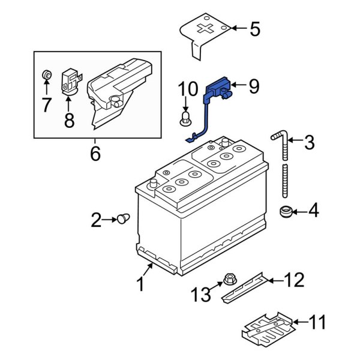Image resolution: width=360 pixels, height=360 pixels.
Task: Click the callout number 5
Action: pyautogui.click(x=254, y=29)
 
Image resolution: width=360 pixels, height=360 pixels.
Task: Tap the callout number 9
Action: pyautogui.click(x=253, y=87)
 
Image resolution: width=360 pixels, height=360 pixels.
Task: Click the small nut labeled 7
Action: pyautogui.click(x=47, y=76)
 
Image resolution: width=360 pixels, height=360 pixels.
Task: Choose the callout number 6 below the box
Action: pyautogui.click(x=95, y=154)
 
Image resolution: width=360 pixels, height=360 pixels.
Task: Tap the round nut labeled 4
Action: pyautogui.click(x=287, y=211)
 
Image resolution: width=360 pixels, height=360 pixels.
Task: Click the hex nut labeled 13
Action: pyautogui.click(x=229, y=278)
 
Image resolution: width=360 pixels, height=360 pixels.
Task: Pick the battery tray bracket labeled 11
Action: pyautogui.click(x=268, y=331)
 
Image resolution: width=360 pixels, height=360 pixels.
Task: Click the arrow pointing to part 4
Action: pyautogui.click(x=301, y=211)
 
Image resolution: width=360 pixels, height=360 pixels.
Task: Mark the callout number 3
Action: pyautogui.click(x=308, y=143)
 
